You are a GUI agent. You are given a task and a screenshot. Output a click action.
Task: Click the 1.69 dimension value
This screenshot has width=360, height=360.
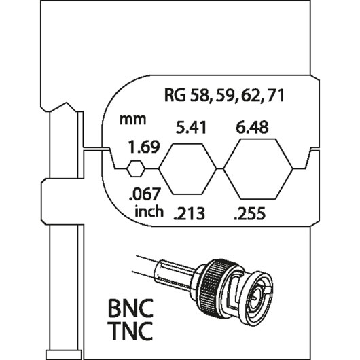tap(144, 147)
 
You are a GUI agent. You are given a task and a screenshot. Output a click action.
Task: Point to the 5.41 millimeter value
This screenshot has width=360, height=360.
tap(192, 128)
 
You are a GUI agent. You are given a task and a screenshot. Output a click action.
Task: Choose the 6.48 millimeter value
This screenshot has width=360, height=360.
tap(252, 128)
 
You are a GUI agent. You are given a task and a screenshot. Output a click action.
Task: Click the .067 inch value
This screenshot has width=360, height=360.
tap(144, 194)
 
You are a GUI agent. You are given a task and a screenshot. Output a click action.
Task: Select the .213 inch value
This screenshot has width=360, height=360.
tap(189, 213)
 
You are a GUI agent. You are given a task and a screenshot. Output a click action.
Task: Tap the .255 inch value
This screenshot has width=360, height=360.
tap(249, 213)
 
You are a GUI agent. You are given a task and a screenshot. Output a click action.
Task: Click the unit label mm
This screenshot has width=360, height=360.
tap(133, 120)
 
